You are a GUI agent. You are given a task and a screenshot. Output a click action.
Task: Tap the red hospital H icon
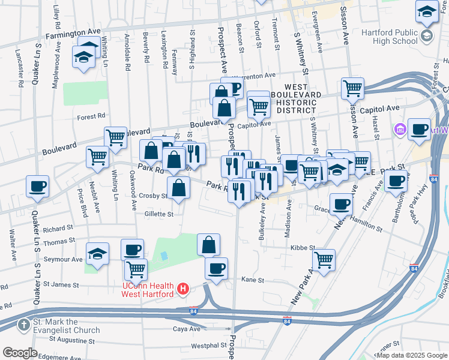coord(184,290)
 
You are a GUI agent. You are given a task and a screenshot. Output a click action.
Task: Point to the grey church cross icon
coord(23,325)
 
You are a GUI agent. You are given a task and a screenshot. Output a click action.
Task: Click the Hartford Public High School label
coord(389,36)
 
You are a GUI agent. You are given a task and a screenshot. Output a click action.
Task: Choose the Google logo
coord(20,353)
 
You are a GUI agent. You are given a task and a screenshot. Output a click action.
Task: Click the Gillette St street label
coord(158,214)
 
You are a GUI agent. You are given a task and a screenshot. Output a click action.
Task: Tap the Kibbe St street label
coord(303,247)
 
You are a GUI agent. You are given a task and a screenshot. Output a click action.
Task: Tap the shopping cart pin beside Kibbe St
coord(324,260)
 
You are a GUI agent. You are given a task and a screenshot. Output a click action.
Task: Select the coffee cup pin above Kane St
coord(216,268)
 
